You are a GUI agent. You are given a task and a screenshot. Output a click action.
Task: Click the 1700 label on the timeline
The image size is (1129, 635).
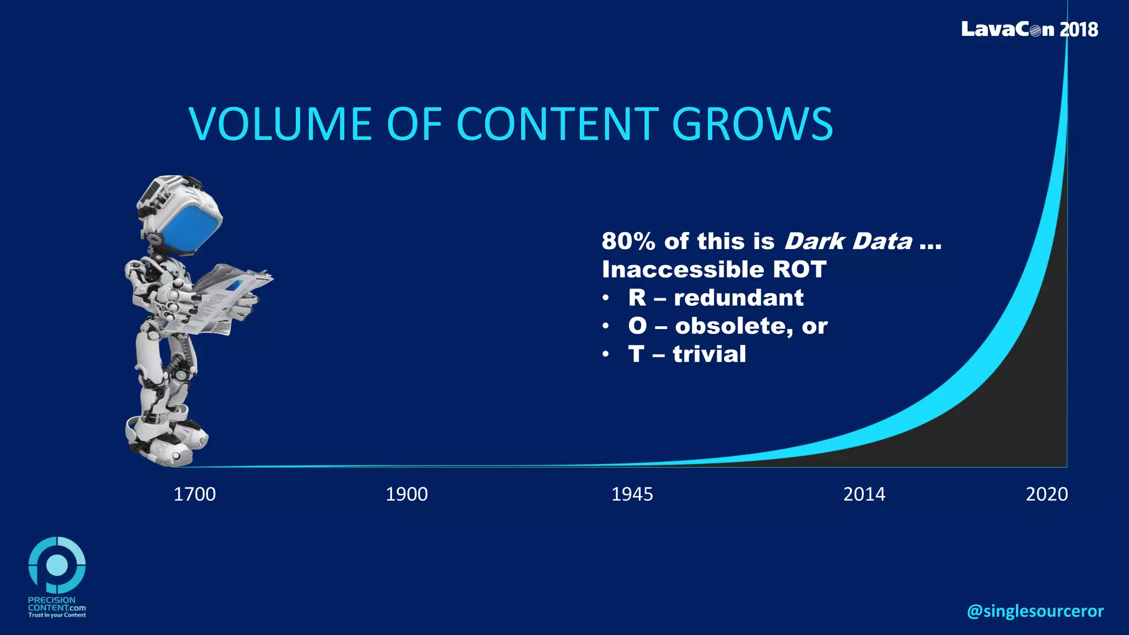click(x=195, y=494)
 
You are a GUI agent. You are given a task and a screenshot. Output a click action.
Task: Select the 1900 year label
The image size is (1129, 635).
click(x=406, y=494)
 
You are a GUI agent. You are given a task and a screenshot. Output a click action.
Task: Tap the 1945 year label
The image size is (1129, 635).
click(x=632, y=494)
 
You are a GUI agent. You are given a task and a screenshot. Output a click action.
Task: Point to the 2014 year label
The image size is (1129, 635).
click(x=864, y=494)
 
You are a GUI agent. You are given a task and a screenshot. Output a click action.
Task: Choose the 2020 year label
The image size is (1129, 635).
click(x=1046, y=494)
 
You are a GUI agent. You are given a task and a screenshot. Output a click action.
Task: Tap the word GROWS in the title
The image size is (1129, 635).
click(x=752, y=123)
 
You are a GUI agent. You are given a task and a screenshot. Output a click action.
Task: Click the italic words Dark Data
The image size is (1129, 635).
click(x=848, y=241)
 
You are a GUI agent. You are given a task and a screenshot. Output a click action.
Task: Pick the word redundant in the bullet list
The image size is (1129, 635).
click(x=738, y=298)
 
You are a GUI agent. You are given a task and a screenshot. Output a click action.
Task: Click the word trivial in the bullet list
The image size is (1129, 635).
click(x=709, y=354)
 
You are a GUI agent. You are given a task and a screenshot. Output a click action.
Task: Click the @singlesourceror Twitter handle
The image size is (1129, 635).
click(x=1035, y=611)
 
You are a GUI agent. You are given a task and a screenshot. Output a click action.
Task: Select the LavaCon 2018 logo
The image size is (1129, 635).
click(x=1029, y=29)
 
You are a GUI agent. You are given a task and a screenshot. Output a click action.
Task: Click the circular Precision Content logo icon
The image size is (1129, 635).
click(x=57, y=565)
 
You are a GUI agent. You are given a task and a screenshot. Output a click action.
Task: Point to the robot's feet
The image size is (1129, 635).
click(x=165, y=441)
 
